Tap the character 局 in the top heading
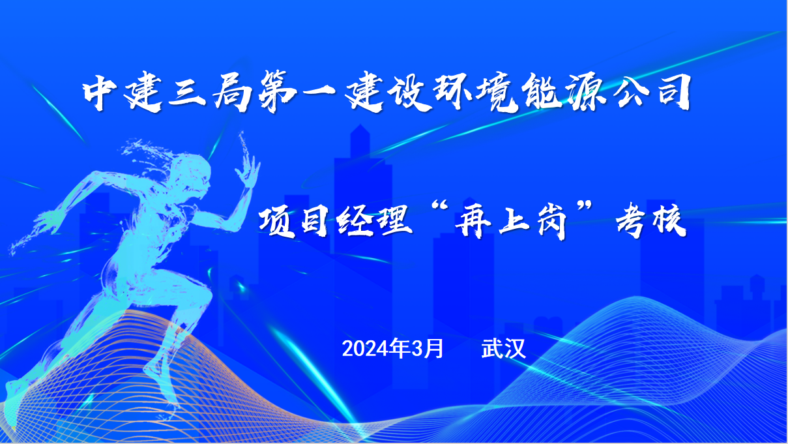[x=233, y=92]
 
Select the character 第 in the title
[x=277, y=92]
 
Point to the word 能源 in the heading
[x=564, y=92]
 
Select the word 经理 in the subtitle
[x=374, y=222]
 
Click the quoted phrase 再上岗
[x=511, y=222]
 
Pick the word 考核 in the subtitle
[x=651, y=221]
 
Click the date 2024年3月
[x=392, y=349]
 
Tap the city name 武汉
[x=503, y=349]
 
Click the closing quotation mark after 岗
[x=584, y=207]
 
